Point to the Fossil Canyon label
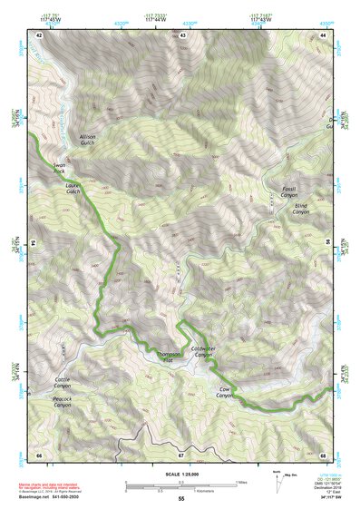[x=289, y=191]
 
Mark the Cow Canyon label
[x=225, y=393]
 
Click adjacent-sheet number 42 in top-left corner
[x=39, y=35]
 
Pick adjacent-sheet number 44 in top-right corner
[x=324, y=35]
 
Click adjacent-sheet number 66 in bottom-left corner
[x=39, y=455]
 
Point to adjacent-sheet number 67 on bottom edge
[x=181, y=455]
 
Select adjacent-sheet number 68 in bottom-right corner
[x=324, y=455]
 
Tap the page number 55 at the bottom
[x=181, y=500]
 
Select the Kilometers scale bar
[x=180, y=491]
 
